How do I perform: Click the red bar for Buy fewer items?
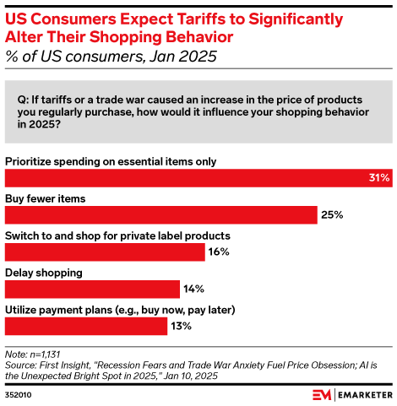[x=160, y=215]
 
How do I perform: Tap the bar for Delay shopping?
[x=92, y=290]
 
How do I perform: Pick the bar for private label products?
[x=105, y=252]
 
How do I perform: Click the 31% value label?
[x=378, y=178]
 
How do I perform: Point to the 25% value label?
[x=331, y=215]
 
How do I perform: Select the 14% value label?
[x=193, y=290]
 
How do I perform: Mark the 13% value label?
[x=181, y=327]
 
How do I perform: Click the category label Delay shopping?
[x=44, y=273]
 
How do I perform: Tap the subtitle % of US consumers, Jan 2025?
[x=111, y=57]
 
